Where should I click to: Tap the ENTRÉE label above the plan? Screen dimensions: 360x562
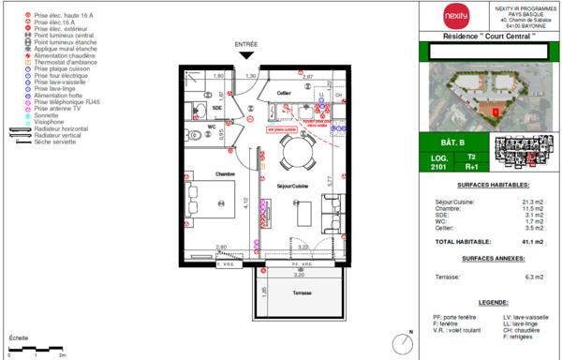click(x=246, y=44)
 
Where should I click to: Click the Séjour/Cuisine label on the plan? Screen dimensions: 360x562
click(x=291, y=187)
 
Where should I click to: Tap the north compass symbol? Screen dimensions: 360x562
click(x=403, y=342)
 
